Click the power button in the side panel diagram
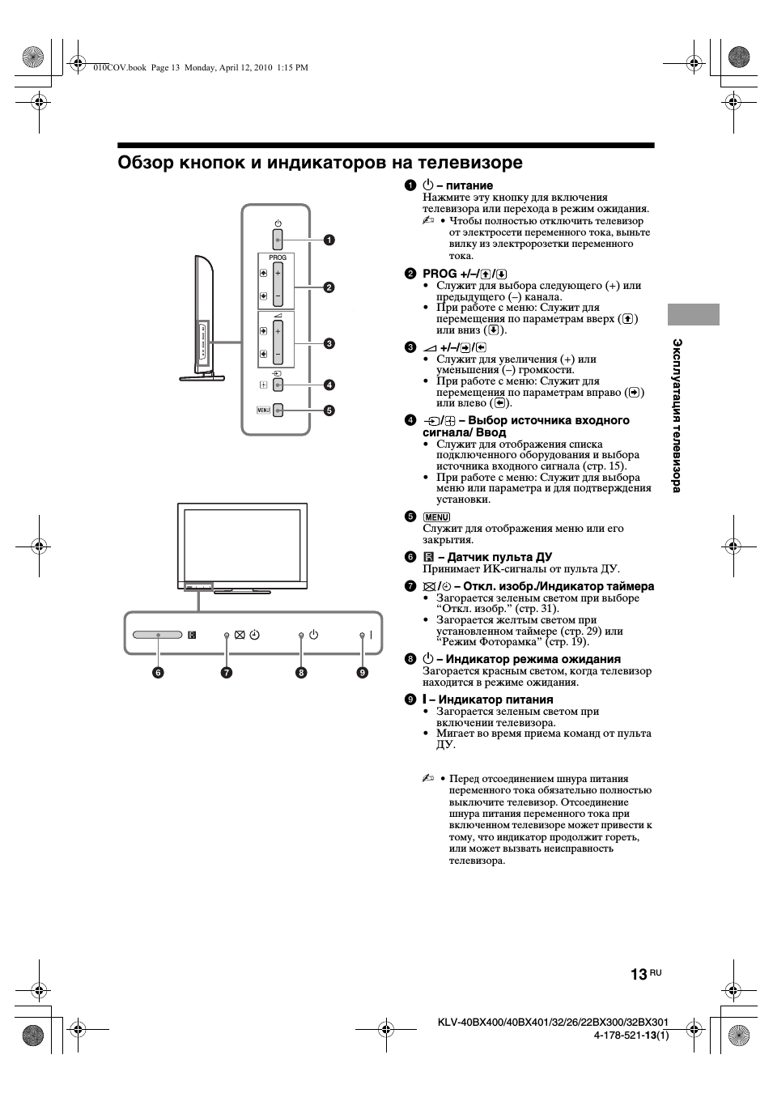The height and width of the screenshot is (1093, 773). [278, 240]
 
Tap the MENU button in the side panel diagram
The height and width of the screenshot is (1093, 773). [278, 410]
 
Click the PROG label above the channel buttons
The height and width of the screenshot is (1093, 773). [278, 257]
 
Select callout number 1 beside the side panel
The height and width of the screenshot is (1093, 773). [329, 240]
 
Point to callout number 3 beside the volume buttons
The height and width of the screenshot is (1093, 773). [329, 343]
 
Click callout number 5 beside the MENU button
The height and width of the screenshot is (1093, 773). [329, 410]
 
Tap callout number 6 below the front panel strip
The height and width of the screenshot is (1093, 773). [157, 672]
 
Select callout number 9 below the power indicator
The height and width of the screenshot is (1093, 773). [362, 672]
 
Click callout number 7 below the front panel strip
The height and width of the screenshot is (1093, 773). [227, 672]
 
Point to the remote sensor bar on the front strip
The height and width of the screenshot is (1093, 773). [158, 636]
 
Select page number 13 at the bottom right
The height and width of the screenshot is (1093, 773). [638, 974]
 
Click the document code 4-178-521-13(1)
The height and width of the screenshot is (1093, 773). [631, 1035]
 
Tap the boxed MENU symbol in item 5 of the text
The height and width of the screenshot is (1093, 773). [436, 517]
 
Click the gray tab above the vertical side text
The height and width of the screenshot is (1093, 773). [694, 315]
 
